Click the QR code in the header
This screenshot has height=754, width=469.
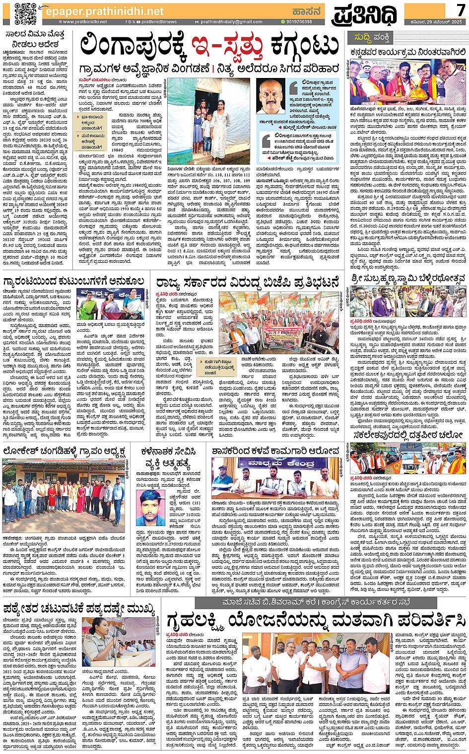coord(25,13)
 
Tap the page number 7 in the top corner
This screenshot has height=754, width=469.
coord(461,9)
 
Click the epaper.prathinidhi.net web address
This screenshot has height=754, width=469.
coord(104,11)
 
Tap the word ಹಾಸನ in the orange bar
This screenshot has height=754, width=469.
coord(306,11)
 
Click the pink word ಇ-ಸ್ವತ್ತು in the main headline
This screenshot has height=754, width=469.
coord(227,47)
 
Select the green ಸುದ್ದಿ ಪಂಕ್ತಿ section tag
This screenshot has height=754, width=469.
coord(371,38)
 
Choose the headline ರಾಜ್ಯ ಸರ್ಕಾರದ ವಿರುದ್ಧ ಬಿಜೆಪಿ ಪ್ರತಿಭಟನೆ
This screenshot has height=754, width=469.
coord(247,283)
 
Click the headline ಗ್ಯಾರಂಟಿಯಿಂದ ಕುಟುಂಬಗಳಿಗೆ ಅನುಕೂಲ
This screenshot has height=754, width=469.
coord(74,282)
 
